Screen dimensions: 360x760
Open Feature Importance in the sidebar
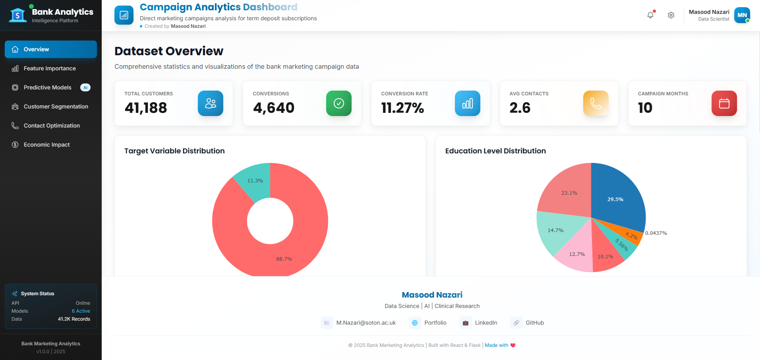tap(49, 68)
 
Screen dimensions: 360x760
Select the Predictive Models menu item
tap(48, 87)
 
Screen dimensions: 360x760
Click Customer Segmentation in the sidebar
tap(56, 106)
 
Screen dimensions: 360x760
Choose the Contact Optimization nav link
tap(52, 126)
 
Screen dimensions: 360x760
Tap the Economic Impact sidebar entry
tap(46, 145)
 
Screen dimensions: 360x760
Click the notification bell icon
tap(650, 15)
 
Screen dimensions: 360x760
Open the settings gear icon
tap(671, 15)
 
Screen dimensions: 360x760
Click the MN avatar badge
tap(742, 15)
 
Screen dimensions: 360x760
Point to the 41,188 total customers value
tap(146, 108)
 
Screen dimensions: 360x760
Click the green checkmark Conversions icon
tap(338, 103)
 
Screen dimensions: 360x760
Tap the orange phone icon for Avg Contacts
tap(596, 103)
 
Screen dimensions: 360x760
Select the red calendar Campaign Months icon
tap(724, 103)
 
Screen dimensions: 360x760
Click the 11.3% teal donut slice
tap(255, 181)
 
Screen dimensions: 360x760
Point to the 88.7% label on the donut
tap(284, 259)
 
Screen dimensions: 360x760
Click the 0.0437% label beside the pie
tap(656, 233)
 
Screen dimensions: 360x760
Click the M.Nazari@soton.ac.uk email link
tap(366, 323)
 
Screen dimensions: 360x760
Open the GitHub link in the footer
tap(534, 323)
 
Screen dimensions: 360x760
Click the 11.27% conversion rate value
tap(402, 108)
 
